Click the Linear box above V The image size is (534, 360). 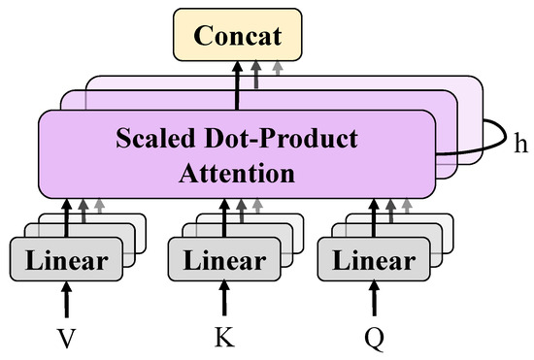click(67, 260)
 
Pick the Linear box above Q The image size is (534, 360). click(374, 260)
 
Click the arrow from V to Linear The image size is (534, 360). click(67, 299)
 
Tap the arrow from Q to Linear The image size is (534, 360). click(374, 299)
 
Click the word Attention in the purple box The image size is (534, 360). click(238, 175)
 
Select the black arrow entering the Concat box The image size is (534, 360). click(237, 82)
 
